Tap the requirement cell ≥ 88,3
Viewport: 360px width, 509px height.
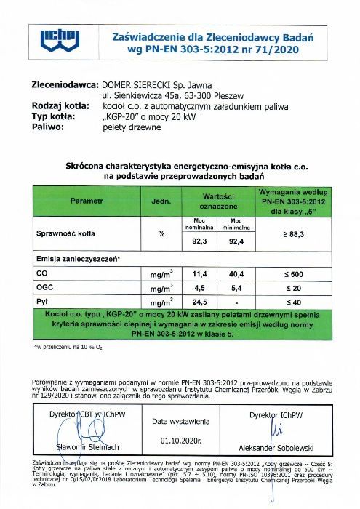pos(292,234)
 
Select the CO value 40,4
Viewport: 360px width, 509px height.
pos(236,274)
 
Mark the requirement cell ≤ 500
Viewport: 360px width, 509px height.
pos(292,274)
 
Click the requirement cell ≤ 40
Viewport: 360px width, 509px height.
pos(292,301)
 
